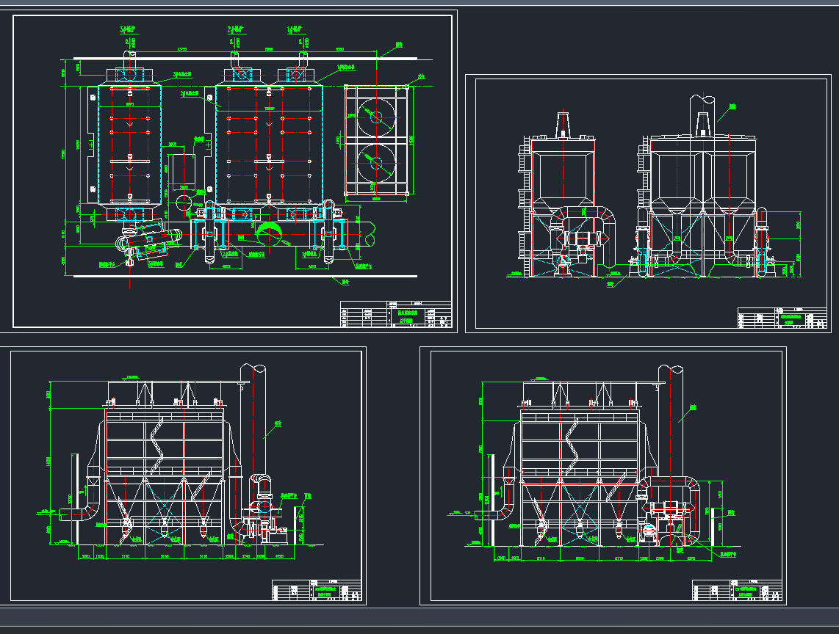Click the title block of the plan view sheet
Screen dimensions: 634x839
click(396, 315)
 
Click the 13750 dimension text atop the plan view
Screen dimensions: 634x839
click(181, 49)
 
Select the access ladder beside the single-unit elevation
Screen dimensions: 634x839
click(524, 205)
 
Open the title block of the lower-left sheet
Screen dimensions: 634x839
click(317, 591)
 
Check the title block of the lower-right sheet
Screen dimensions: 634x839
click(738, 591)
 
